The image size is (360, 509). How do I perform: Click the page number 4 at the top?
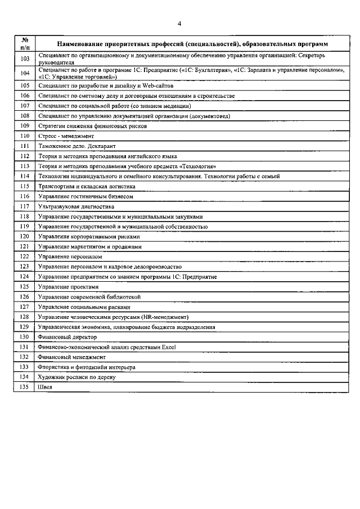pos(179,23)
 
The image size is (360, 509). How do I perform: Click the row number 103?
pos(25,58)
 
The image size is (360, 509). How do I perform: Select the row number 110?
pos(25,136)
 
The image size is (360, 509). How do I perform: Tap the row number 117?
pos(25,206)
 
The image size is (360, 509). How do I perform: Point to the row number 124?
pos(25,277)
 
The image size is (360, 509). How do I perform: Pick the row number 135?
pos(25,387)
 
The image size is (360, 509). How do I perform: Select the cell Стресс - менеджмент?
pos(66,136)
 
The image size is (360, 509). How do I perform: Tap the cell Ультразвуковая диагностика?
pos(73,206)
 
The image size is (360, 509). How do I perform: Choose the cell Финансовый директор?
pos(67,337)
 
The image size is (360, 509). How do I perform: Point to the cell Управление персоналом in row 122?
pos(70,256)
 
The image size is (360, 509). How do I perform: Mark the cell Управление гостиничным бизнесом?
pos(85,196)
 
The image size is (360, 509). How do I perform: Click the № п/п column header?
pos(25,43)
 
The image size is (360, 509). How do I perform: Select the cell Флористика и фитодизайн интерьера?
pos(86,367)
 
